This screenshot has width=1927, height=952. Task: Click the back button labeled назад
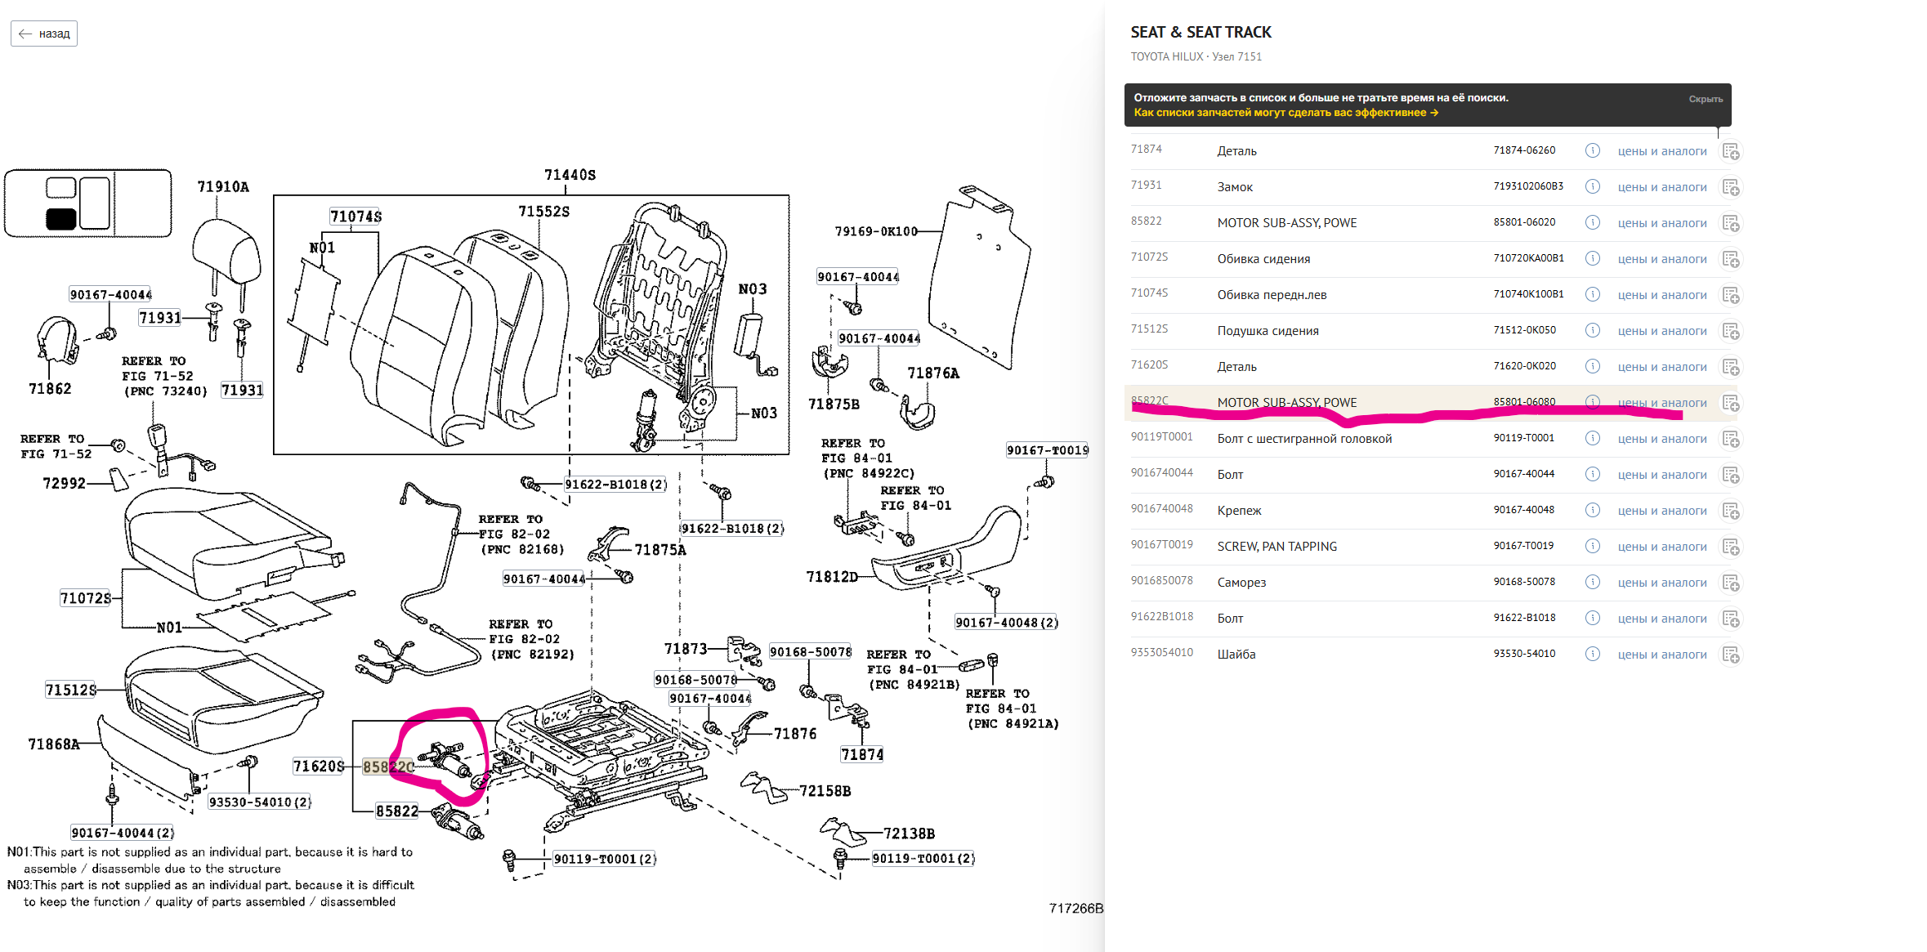44,34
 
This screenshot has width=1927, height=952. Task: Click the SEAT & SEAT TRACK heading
1200,32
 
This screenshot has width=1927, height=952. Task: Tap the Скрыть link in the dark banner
1705,99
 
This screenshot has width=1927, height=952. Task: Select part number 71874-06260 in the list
1524,150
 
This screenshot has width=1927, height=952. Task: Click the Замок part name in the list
1235,187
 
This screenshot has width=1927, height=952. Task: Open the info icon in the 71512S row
1592,330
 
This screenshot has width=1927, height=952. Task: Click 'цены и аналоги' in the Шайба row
1661,655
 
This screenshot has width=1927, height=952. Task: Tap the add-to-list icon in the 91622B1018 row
1730,619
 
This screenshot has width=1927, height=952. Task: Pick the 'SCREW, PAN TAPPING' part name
1276,547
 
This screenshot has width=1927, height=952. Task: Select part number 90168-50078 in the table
1524,582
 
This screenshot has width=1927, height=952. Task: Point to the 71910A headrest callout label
223,187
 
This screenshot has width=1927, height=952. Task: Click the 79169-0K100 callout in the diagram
875,231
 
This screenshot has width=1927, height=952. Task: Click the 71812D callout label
832,577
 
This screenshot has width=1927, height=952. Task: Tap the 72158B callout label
825,791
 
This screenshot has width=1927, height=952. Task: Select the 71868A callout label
54,744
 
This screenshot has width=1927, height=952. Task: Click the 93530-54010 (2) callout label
260,802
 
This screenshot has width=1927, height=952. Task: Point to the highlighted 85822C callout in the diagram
388,767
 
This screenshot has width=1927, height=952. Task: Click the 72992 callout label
64,483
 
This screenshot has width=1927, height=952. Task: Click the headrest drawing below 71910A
226,249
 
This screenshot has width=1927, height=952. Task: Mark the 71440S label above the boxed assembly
570,175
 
